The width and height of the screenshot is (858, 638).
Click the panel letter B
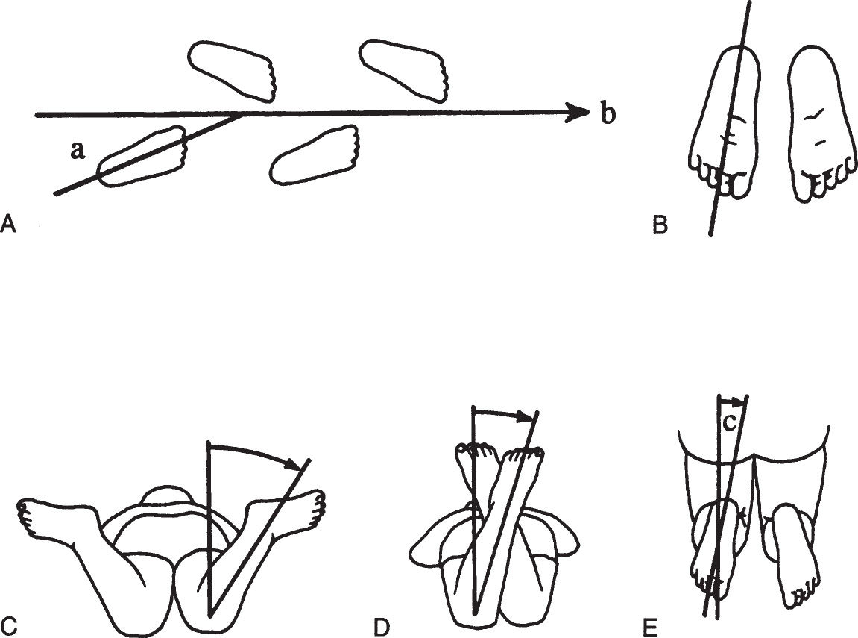pyautogui.click(x=660, y=225)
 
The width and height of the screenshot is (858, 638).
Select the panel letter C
pyautogui.click(x=9, y=625)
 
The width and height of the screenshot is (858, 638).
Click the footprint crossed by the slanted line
pyautogui.click(x=142, y=157)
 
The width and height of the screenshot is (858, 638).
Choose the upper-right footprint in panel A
pyautogui.click(x=403, y=71)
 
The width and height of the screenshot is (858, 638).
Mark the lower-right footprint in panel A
pyautogui.click(x=315, y=154)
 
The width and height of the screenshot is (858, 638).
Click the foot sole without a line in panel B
pyautogui.click(x=819, y=124)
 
